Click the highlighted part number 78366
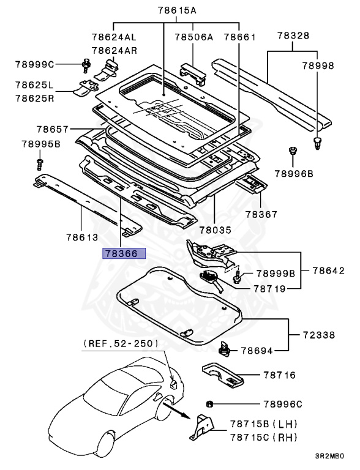[x=124, y=253]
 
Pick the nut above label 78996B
[x=293, y=151]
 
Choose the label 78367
[x=262, y=214]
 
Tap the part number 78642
[x=329, y=270]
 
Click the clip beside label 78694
[x=224, y=350]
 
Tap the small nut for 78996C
[x=209, y=404]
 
